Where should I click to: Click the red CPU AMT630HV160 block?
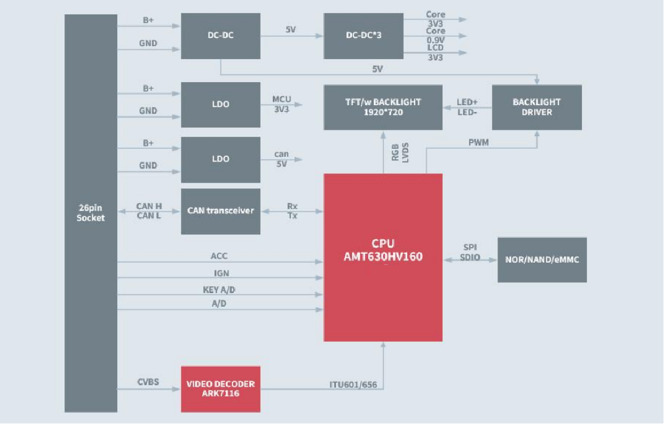pyautogui.click(x=383, y=257)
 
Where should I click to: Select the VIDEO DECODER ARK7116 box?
pyautogui.click(x=221, y=389)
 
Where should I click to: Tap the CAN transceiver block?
pyautogui.click(x=221, y=211)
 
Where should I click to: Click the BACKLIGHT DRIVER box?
pyautogui.click(x=536, y=107)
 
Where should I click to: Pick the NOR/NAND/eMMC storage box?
pyautogui.click(x=542, y=260)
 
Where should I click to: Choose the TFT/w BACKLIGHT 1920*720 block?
pyautogui.click(x=383, y=107)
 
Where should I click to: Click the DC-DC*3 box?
pyautogui.click(x=364, y=36)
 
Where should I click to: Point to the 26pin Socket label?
pyautogui.click(x=91, y=213)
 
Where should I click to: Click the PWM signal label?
pyautogui.click(x=478, y=142)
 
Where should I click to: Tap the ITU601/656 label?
pyautogui.click(x=353, y=384)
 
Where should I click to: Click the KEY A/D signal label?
pyautogui.click(x=219, y=290)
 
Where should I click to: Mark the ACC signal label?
pyautogui.click(x=219, y=256)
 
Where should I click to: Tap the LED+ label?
pyautogui.click(x=467, y=102)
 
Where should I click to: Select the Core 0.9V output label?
pyautogui.click(x=435, y=36)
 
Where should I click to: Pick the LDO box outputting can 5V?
pyautogui.click(x=221, y=159)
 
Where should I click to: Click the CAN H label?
pyautogui.click(x=148, y=206)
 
